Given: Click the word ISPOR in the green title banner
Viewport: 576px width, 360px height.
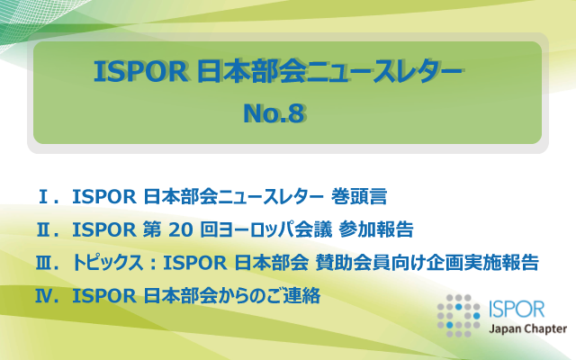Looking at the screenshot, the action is click(x=140, y=71).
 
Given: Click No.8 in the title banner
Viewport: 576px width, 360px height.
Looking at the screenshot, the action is click(x=274, y=113).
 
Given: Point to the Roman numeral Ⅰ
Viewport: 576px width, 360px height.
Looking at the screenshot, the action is click(x=43, y=196).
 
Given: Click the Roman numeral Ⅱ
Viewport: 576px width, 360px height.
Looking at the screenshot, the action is click(x=43, y=229).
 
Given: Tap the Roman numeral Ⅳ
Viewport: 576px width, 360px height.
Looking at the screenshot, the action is click(x=43, y=296).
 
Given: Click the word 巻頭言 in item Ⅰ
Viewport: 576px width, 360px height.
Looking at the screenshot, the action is click(x=359, y=196).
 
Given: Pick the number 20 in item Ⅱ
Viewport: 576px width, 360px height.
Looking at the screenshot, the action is click(x=181, y=230).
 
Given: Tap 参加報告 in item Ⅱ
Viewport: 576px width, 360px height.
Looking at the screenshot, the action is click(x=376, y=229).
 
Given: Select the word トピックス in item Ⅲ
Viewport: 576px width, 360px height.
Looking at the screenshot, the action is click(x=107, y=263).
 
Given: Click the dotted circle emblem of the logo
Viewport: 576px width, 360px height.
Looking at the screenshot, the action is click(x=458, y=316).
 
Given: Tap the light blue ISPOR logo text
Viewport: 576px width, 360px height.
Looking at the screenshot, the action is click(x=517, y=309).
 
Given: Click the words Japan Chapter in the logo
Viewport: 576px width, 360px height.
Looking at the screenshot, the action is click(x=527, y=328).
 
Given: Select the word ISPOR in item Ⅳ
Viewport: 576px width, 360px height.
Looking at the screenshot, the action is click(x=104, y=296).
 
